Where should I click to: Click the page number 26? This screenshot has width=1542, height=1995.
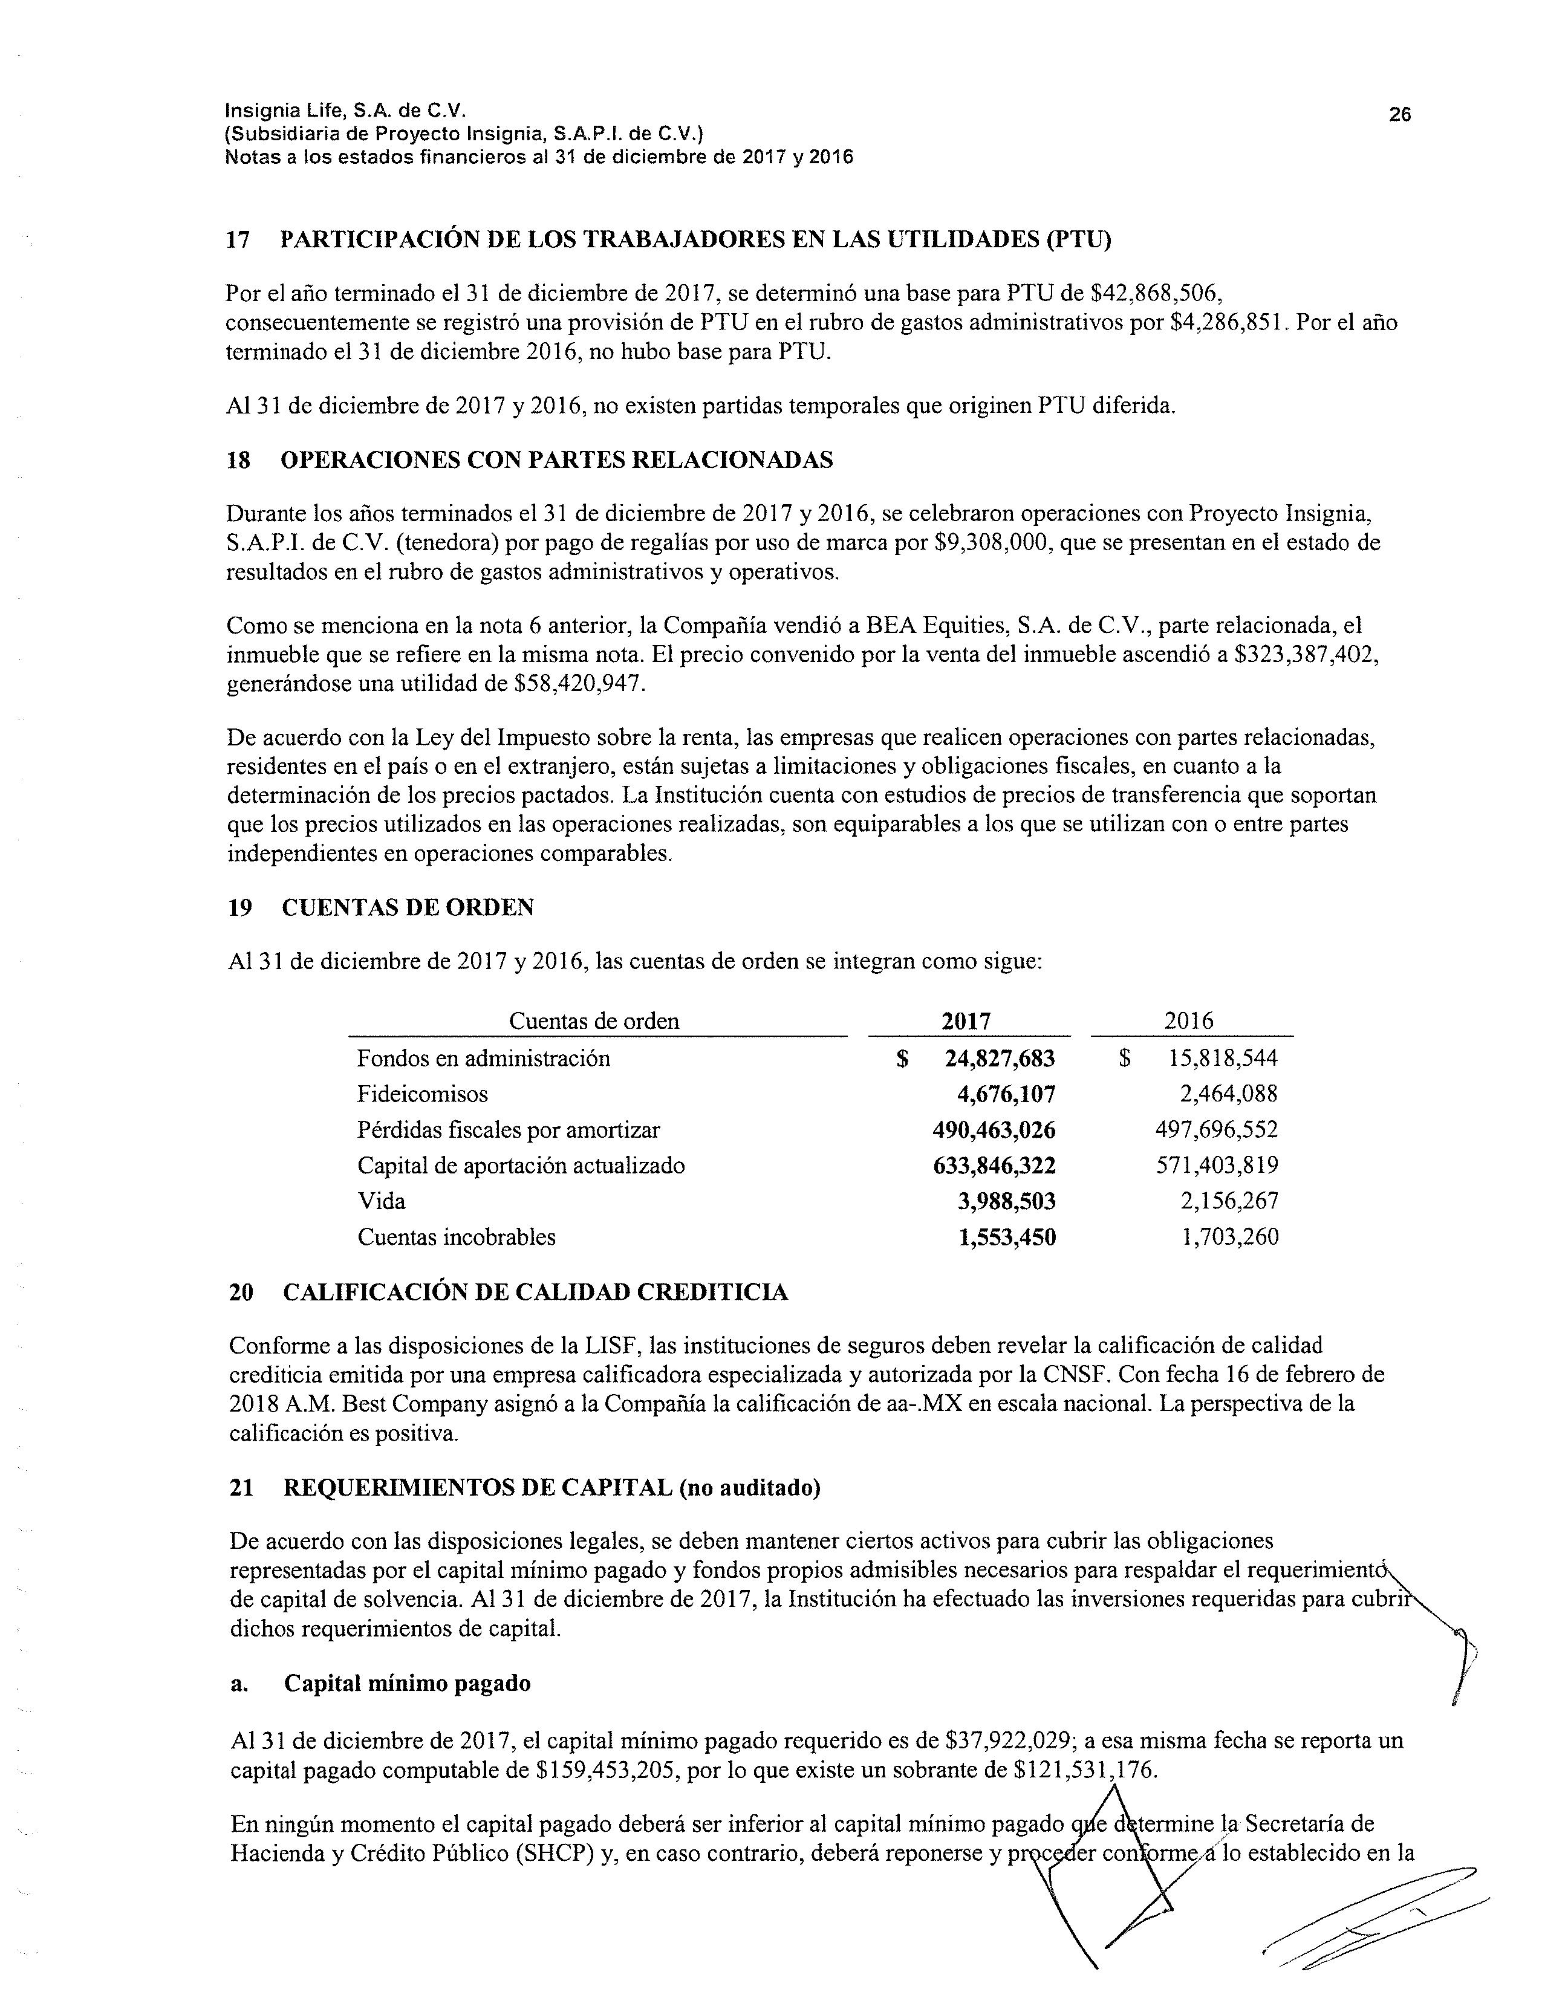(1399, 114)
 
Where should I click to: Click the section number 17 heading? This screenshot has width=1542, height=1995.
(238, 240)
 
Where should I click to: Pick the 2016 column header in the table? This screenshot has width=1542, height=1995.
(1188, 1021)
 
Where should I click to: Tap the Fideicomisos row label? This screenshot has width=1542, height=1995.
(422, 1094)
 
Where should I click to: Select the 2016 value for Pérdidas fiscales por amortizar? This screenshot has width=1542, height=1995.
(1217, 1130)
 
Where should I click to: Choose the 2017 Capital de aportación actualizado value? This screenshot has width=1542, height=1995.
(994, 1166)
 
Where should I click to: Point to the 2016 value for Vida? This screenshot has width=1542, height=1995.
(1229, 1201)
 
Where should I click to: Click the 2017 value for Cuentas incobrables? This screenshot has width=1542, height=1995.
(1007, 1238)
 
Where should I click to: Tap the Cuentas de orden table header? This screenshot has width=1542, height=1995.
(594, 1021)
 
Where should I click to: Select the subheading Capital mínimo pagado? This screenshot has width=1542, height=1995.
(408, 1684)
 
